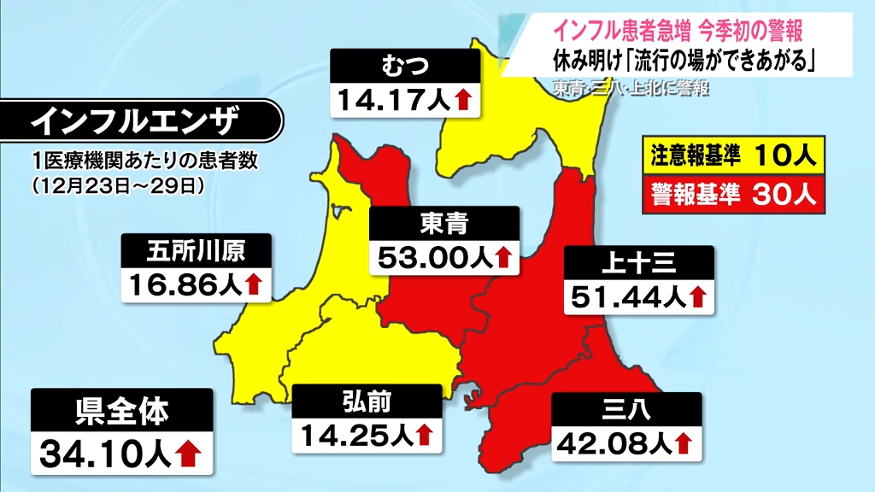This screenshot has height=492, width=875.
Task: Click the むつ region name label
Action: click(x=405, y=67)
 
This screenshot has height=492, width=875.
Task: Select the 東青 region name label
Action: click(x=443, y=224)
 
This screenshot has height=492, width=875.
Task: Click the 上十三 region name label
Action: click(x=639, y=264)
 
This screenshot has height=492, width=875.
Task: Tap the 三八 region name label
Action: click(x=626, y=411)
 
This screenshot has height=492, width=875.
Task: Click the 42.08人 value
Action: click(x=613, y=443)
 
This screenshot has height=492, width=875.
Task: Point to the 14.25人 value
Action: click(x=354, y=435)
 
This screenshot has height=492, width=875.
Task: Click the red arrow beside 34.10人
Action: click(x=189, y=454)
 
